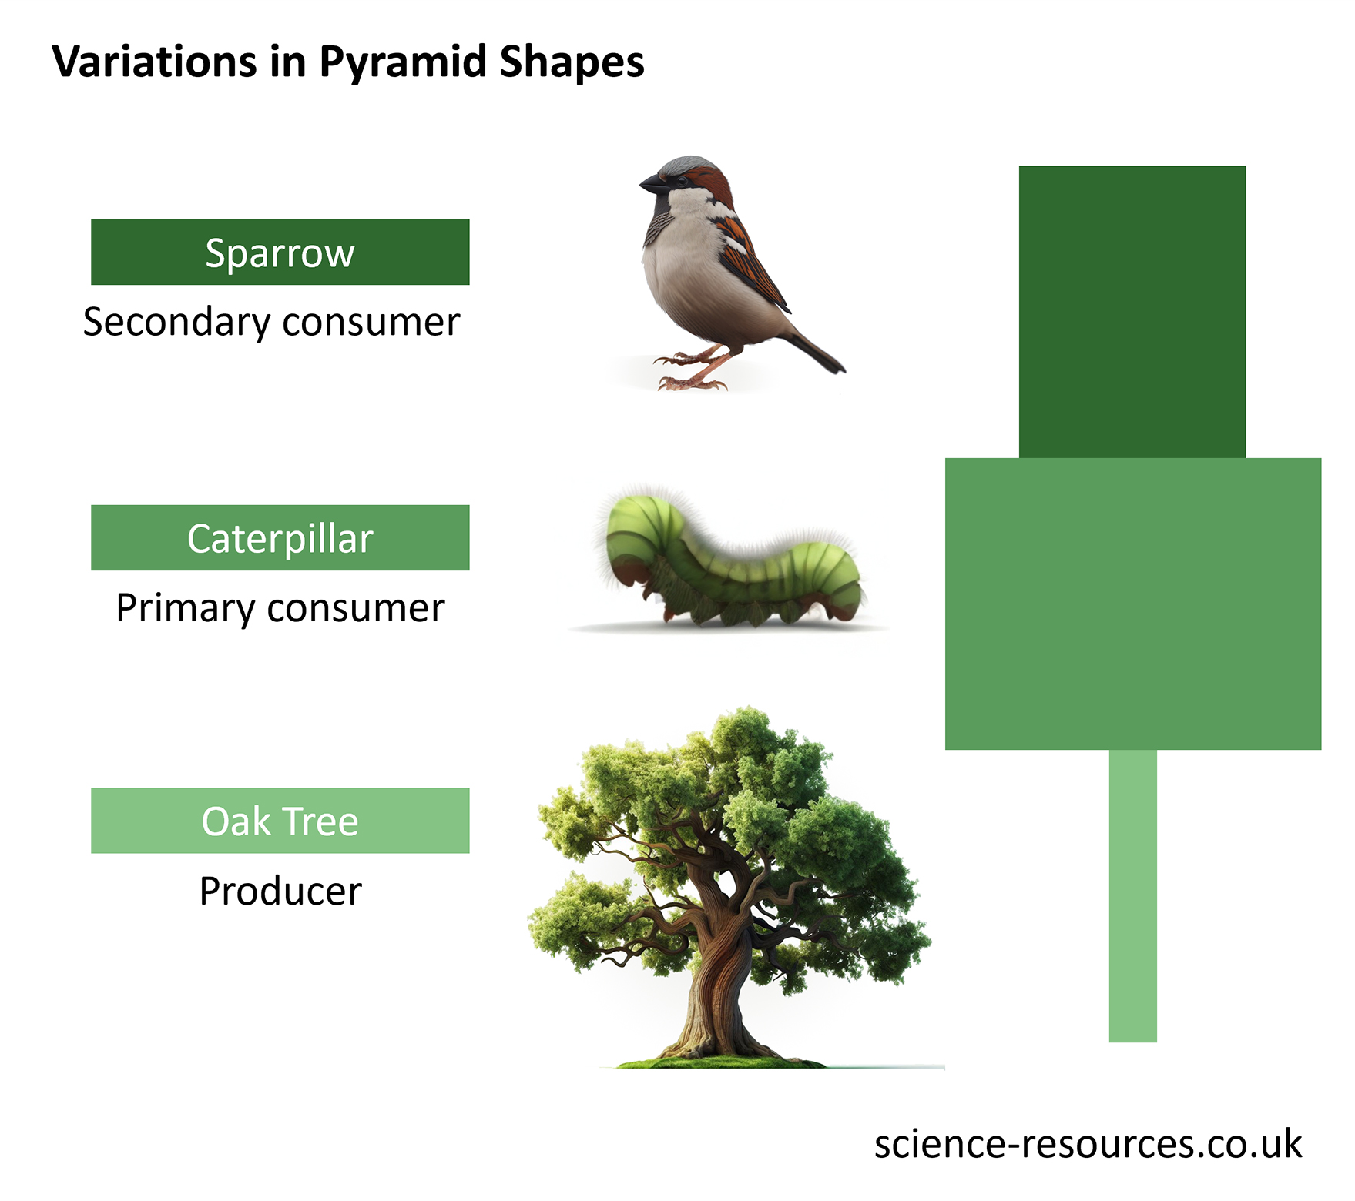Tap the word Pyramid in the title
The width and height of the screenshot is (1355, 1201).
pyautogui.click(x=402, y=63)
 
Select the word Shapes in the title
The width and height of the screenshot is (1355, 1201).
pyautogui.click(x=571, y=63)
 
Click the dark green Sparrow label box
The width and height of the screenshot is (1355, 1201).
pyautogui.click(x=280, y=253)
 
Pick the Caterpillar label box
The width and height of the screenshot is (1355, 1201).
pyautogui.click(x=280, y=538)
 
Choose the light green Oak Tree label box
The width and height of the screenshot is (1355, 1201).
pyautogui.click(x=280, y=821)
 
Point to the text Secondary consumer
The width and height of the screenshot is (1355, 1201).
pyautogui.click(x=271, y=322)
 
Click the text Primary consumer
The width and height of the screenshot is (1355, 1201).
pyautogui.click(x=280, y=608)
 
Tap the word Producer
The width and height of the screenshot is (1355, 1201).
pyautogui.click(x=280, y=892)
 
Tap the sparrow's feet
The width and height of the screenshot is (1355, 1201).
pyautogui.click(x=689, y=373)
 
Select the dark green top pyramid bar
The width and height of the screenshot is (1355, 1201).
pyautogui.click(x=1132, y=312)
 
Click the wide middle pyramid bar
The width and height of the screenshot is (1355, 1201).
pyautogui.click(x=1132, y=604)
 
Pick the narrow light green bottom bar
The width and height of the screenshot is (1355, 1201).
pyautogui.click(x=1132, y=896)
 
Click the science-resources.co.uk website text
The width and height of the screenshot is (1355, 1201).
pyautogui.click(x=1087, y=1144)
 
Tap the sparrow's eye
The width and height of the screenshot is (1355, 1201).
pyautogui.click(x=682, y=179)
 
